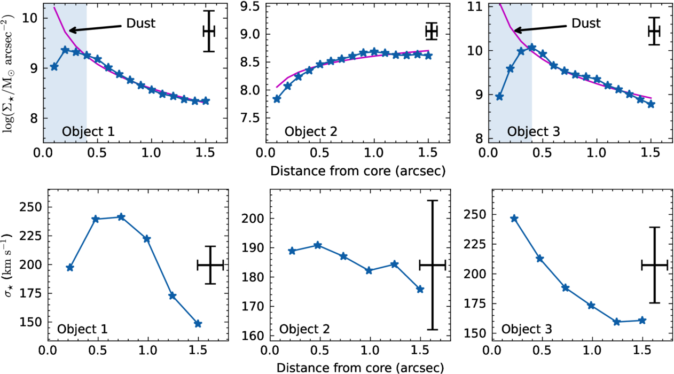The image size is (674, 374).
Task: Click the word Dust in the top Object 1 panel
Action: [141, 23]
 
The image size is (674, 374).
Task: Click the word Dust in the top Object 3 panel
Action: [586, 23]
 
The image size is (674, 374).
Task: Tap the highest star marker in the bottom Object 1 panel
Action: [121, 217]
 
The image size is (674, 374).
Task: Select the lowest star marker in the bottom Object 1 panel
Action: [198, 324]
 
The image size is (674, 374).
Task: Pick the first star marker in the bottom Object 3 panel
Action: [514, 219]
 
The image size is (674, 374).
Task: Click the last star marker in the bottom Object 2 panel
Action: [420, 290]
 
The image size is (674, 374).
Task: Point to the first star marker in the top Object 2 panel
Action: [277, 99]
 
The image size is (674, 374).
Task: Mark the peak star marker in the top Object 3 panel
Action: [532, 47]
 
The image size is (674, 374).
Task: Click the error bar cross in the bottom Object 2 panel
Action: [433, 265]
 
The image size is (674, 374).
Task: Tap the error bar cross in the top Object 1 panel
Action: [209, 31]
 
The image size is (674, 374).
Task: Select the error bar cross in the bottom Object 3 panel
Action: [654, 266]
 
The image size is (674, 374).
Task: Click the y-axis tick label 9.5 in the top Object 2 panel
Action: [252, 6]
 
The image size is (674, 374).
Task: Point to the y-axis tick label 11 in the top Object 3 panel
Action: [475, 6]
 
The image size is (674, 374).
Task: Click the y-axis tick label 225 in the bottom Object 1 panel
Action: [31, 236]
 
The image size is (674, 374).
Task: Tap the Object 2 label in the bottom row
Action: [304, 329]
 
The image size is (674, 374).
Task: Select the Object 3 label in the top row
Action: [534, 131]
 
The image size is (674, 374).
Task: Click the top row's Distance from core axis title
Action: [358, 171]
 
